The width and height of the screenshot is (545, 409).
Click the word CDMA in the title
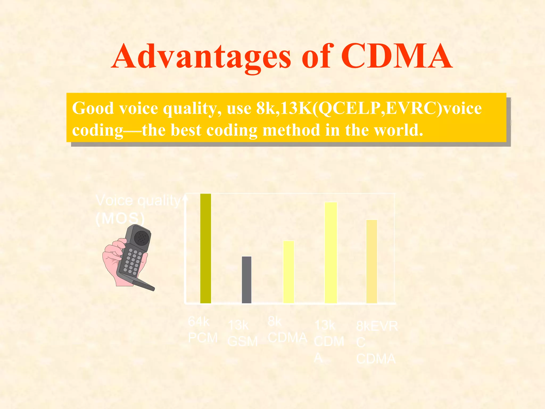(397, 57)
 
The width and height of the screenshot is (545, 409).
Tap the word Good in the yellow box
(93, 108)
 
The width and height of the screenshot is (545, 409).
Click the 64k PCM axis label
(202, 330)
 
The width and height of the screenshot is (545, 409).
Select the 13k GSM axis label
(242, 333)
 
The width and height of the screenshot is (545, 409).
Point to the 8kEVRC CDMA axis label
(376, 342)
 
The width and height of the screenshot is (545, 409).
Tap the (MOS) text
(120, 218)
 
